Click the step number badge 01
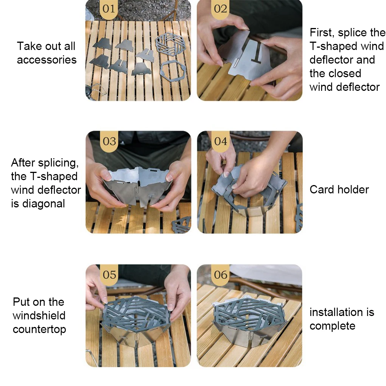(109, 9)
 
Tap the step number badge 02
(220, 9)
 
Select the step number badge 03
(109, 141)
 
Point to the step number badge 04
(221, 141)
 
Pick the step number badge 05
(109, 275)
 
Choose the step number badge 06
(221, 275)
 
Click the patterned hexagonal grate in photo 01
(170, 44)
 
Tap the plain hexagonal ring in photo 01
(173, 72)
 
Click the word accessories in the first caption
(47, 60)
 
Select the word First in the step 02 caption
(321, 33)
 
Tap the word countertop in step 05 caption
(39, 330)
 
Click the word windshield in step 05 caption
(39, 316)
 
